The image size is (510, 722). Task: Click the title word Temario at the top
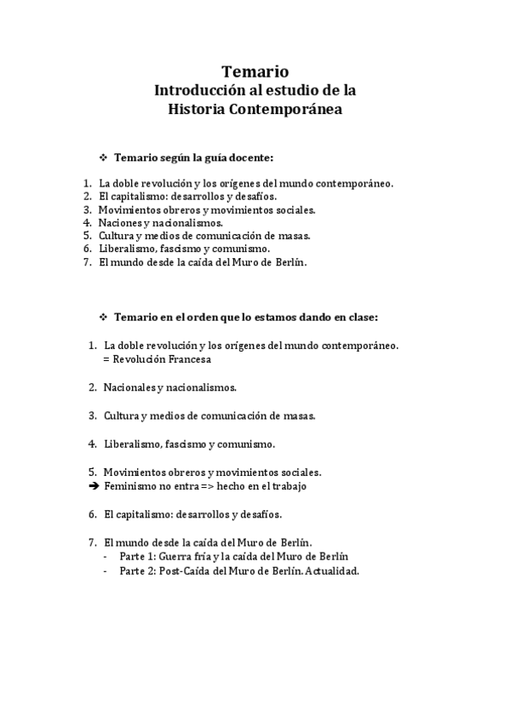tap(255, 71)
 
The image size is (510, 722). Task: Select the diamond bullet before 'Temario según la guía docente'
tap(104, 158)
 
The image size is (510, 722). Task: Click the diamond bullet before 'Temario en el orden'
tap(104, 317)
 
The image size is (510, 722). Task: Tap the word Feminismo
tap(130, 486)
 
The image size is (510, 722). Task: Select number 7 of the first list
tap(87, 262)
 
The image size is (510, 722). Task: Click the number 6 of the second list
tap(92, 514)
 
